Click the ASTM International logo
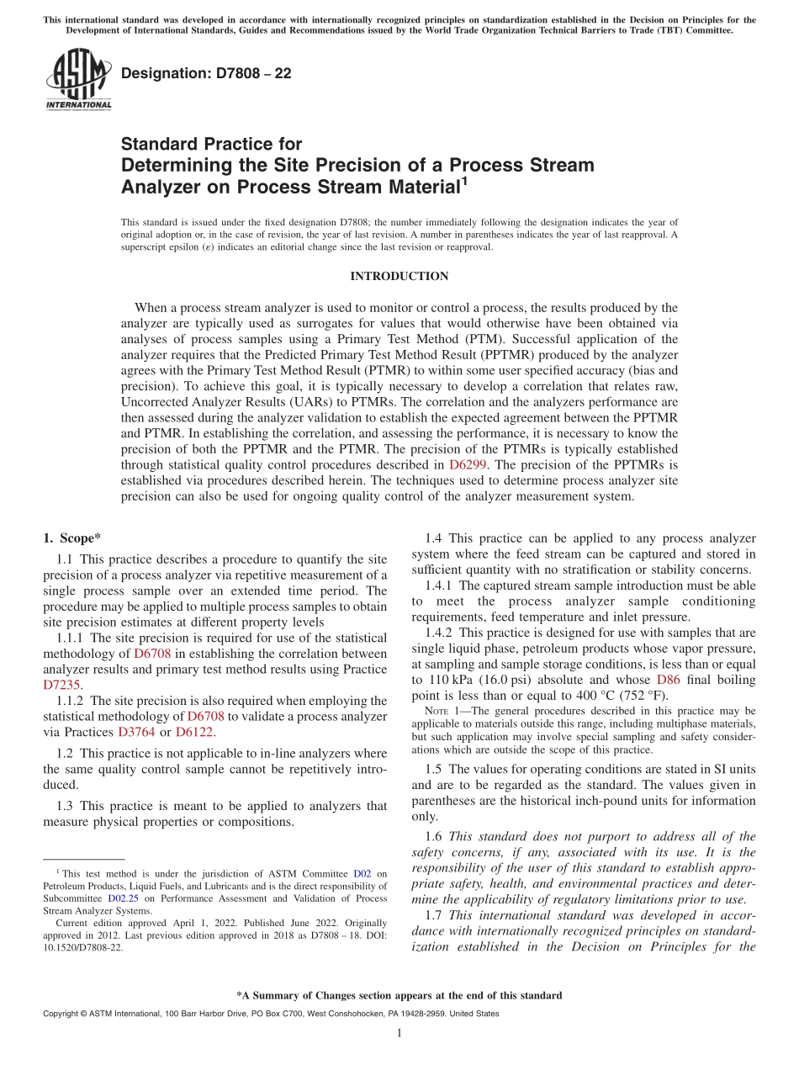77,79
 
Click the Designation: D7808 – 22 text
206,73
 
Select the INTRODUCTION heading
399,276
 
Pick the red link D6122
194,732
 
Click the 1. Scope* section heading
71,538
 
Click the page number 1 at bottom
399,1033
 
